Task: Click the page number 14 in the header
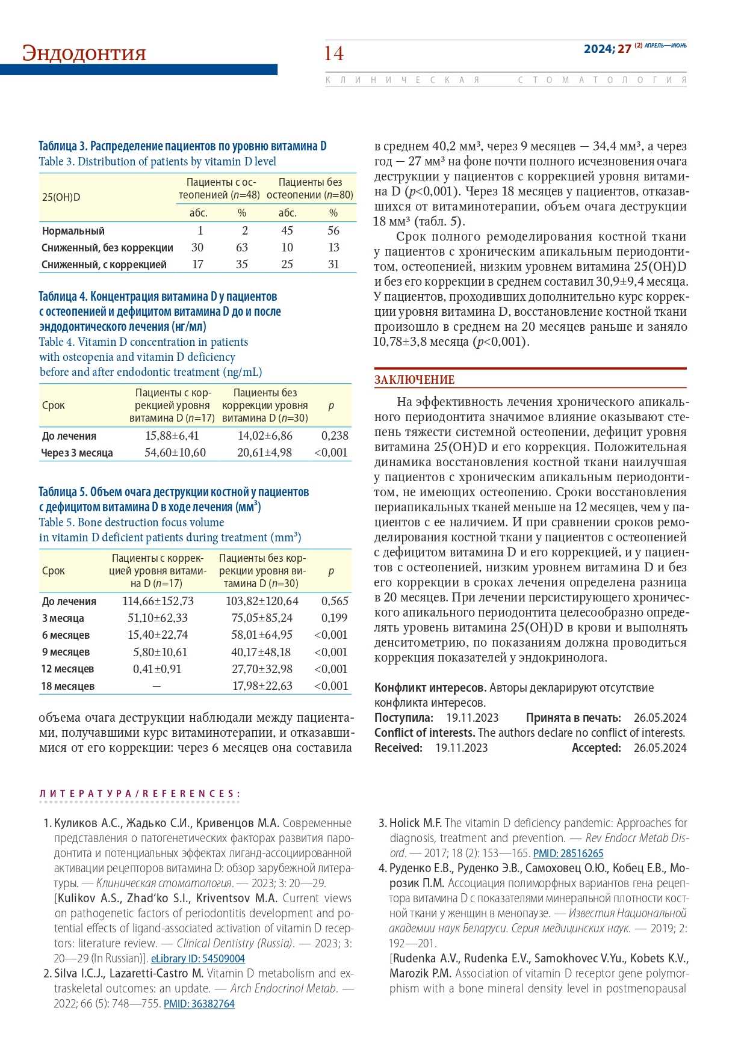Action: point(333,54)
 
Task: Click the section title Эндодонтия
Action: point(84,53)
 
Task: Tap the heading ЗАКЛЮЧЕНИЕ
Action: point(414,380)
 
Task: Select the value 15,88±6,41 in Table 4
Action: point(172,435)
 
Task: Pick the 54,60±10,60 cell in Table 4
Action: point(175,452)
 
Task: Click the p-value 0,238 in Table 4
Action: point(335,435)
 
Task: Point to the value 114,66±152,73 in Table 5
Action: point(158,601)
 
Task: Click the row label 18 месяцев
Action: point(67,686)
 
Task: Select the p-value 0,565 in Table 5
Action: point(335,601)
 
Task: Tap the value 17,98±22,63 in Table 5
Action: point(262,686)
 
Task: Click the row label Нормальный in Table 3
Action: point(73,231)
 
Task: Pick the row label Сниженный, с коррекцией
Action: point(104,265)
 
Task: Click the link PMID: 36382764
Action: point(199,1003)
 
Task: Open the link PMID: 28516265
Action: point(568,853)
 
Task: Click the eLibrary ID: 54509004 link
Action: point(197,958)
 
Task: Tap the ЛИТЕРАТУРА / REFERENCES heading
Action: point(139,794)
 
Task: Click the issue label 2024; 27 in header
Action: point(607,49)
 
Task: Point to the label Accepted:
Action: point(596,748)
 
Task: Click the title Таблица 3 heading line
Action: point(182,146)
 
